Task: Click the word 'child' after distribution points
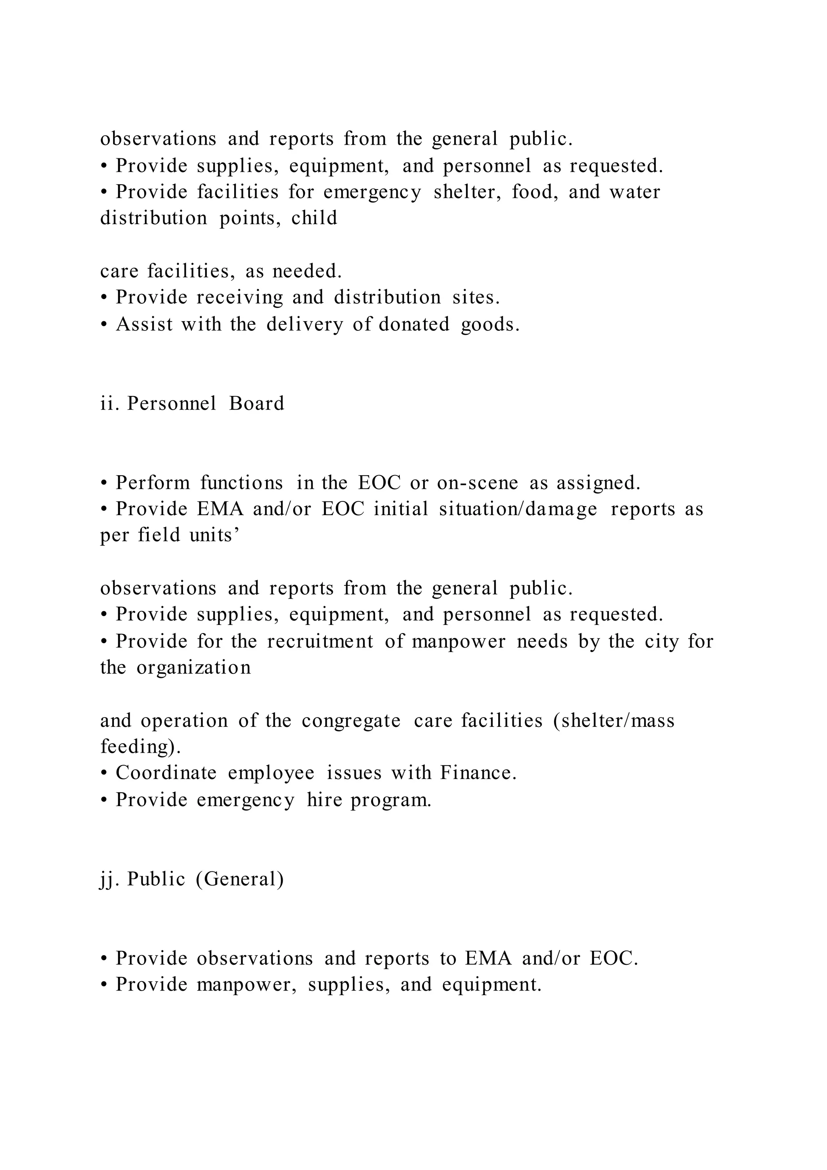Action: (314, 218)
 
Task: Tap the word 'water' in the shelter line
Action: (634, 192)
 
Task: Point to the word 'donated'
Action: (414, 324)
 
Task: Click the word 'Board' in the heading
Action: (257, 403)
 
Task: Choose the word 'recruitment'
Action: (320, 641)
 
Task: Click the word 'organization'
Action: (193, 667)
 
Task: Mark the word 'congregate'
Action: (351, 721)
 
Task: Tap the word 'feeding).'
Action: (141, 747)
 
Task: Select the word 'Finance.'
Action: (478, 773)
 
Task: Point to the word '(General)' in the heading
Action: (239, 879)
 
